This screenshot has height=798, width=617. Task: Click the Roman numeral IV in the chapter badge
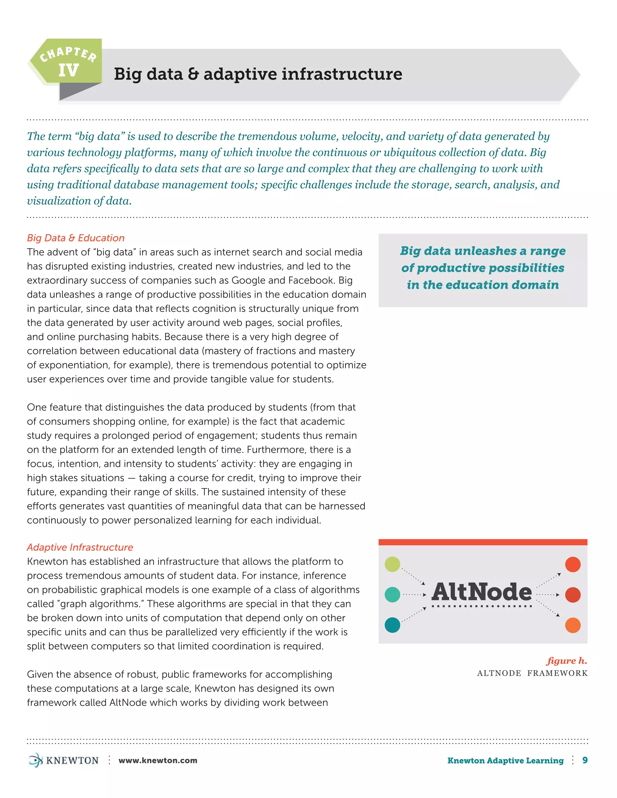coord(68,70)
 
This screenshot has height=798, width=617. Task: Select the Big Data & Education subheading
coord(76,238)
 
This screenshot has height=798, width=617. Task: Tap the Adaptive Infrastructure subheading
coord(80,547)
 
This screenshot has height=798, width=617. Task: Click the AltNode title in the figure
coord(481,592)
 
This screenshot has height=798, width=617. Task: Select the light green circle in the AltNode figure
coord(393,564)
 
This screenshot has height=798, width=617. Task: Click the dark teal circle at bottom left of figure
coord(393,625)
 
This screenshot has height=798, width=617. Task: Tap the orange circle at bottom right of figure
coord(572,625)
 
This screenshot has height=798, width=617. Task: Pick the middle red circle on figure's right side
coord(572,595)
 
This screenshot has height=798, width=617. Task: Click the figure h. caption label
coord(567,661)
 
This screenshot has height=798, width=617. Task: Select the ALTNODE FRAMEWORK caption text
coord(532,673)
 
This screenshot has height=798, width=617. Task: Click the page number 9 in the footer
coord(585,760)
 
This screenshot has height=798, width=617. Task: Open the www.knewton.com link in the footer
coord(158,760)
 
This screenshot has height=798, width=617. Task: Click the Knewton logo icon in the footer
coord(36,760)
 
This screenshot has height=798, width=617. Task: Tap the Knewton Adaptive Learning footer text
coord(505,760)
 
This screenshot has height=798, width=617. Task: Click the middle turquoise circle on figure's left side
coord(393,594)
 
